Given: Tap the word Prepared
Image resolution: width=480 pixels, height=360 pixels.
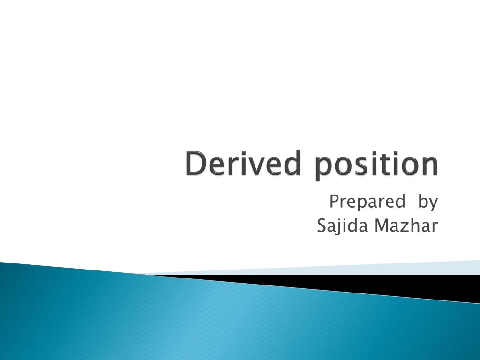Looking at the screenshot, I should [367, 202].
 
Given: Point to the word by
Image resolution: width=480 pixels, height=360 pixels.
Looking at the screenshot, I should [427, 202].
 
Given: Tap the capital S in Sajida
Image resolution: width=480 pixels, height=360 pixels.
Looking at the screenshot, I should [322, 225].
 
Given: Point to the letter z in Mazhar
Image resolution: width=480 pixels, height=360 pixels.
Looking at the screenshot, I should [407, 227].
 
